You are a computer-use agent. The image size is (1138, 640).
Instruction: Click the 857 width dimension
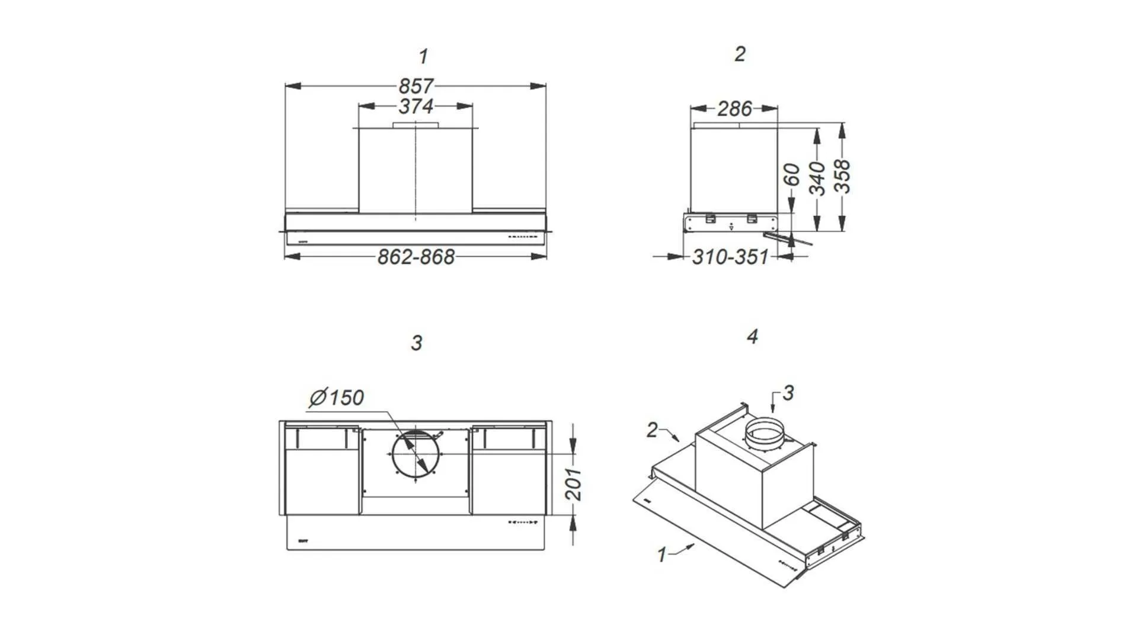point(415,86)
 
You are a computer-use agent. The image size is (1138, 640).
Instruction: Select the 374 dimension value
point(416,107)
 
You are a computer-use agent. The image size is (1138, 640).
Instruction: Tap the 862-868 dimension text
point(416,257)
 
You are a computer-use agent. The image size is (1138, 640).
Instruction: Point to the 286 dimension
point(734,109)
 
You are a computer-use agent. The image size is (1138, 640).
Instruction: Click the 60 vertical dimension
point(792,175)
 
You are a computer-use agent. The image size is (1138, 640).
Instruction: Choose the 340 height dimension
point(817,178)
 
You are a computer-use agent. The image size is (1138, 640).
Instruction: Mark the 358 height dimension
point(842,176)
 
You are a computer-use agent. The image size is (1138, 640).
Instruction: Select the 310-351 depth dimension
point(730,257)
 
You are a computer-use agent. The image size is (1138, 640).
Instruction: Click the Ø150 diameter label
point(336,397)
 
